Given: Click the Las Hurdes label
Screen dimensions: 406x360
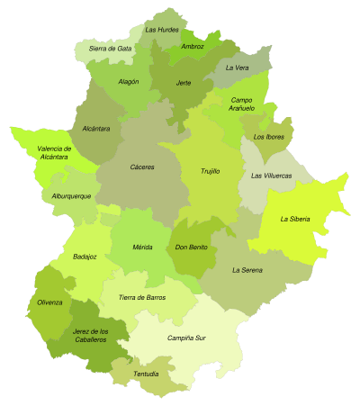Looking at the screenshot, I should [x=162, y=30].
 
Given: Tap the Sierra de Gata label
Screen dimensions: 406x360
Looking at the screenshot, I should [x=110, y=48].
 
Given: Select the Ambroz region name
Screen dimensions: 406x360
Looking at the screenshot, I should [x=193, y=46].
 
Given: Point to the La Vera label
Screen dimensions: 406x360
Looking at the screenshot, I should [x=237, y=68].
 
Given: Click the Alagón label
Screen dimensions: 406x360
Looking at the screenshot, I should [x=129, y=81].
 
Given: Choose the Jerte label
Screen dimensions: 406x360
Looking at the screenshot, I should [x=184, y=82].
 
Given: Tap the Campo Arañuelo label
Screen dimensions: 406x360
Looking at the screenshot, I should [x=241, y=104].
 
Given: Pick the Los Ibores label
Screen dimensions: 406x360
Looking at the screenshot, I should [x=268, y=137].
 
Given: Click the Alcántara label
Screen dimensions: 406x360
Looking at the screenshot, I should [x=95, y=129].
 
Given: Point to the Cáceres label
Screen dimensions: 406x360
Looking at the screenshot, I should [x=142, y=167].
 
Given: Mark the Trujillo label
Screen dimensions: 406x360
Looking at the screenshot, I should [x=211, y=170].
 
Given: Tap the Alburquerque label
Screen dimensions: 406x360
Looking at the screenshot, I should [x=71, y=195].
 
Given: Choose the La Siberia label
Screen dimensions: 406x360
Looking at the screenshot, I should [x=296, y=219].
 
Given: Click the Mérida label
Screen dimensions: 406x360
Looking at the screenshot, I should [x=142, y=246].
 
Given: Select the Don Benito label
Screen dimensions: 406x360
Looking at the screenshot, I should [x=191, y=247].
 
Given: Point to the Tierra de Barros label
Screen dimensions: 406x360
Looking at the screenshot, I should [x=142, y=296].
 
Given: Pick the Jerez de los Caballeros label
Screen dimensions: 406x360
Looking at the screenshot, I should [x=90, y=335].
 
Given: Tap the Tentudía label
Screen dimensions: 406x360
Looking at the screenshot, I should [x=146, y=374].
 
